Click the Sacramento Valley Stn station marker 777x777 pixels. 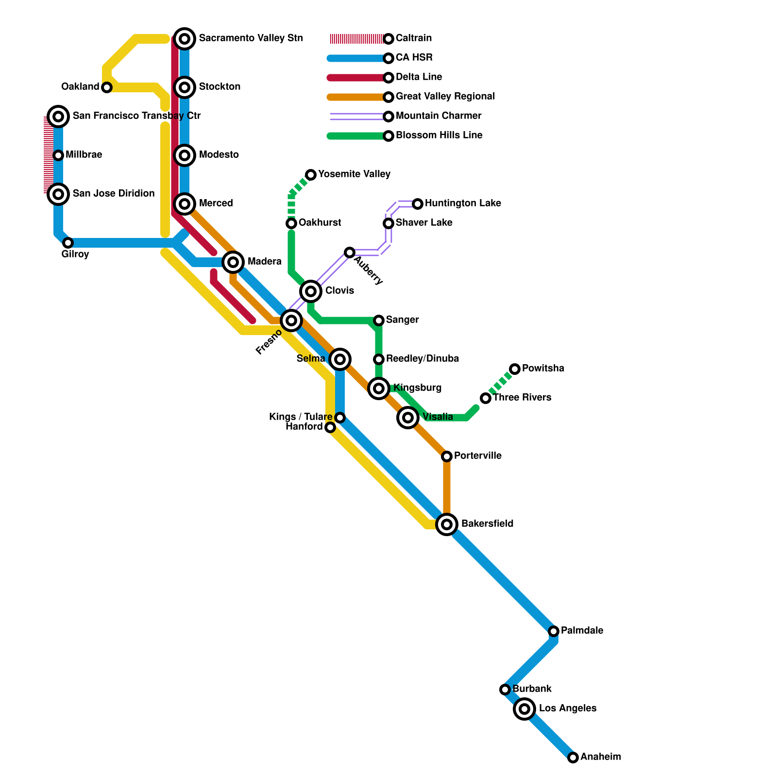click(x=185, y=39)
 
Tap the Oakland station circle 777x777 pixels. click(x=107, y=87)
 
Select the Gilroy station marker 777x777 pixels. click(x=68, y=243)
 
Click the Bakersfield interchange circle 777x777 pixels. click(x=447, y=524)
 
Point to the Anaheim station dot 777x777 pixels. click(x=573, y=758)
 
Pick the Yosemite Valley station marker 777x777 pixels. click(x=311, y=175)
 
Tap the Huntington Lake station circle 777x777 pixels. click(x=418, y=204)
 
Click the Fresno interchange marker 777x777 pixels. click(x=291, y=321)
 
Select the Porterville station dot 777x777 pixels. click(x=447, y=456)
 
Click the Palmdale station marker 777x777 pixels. click(x=554, y=631)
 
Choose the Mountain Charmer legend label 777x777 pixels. click(x=439, y=116)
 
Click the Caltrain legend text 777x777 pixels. click(x=414, y=38)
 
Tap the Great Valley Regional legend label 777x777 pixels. click(x=445, y=97)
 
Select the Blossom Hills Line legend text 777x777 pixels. click(x=439, y=135)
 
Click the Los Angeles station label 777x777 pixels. click(x=568, y=709)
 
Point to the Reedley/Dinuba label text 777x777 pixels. click(x=422, y=359)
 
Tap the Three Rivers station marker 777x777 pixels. click(x=486, y=398)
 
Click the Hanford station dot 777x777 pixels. click(x=330, y=427)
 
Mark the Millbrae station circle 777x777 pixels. click(x=58, y=155)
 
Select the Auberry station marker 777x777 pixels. click(x=350, y=253)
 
